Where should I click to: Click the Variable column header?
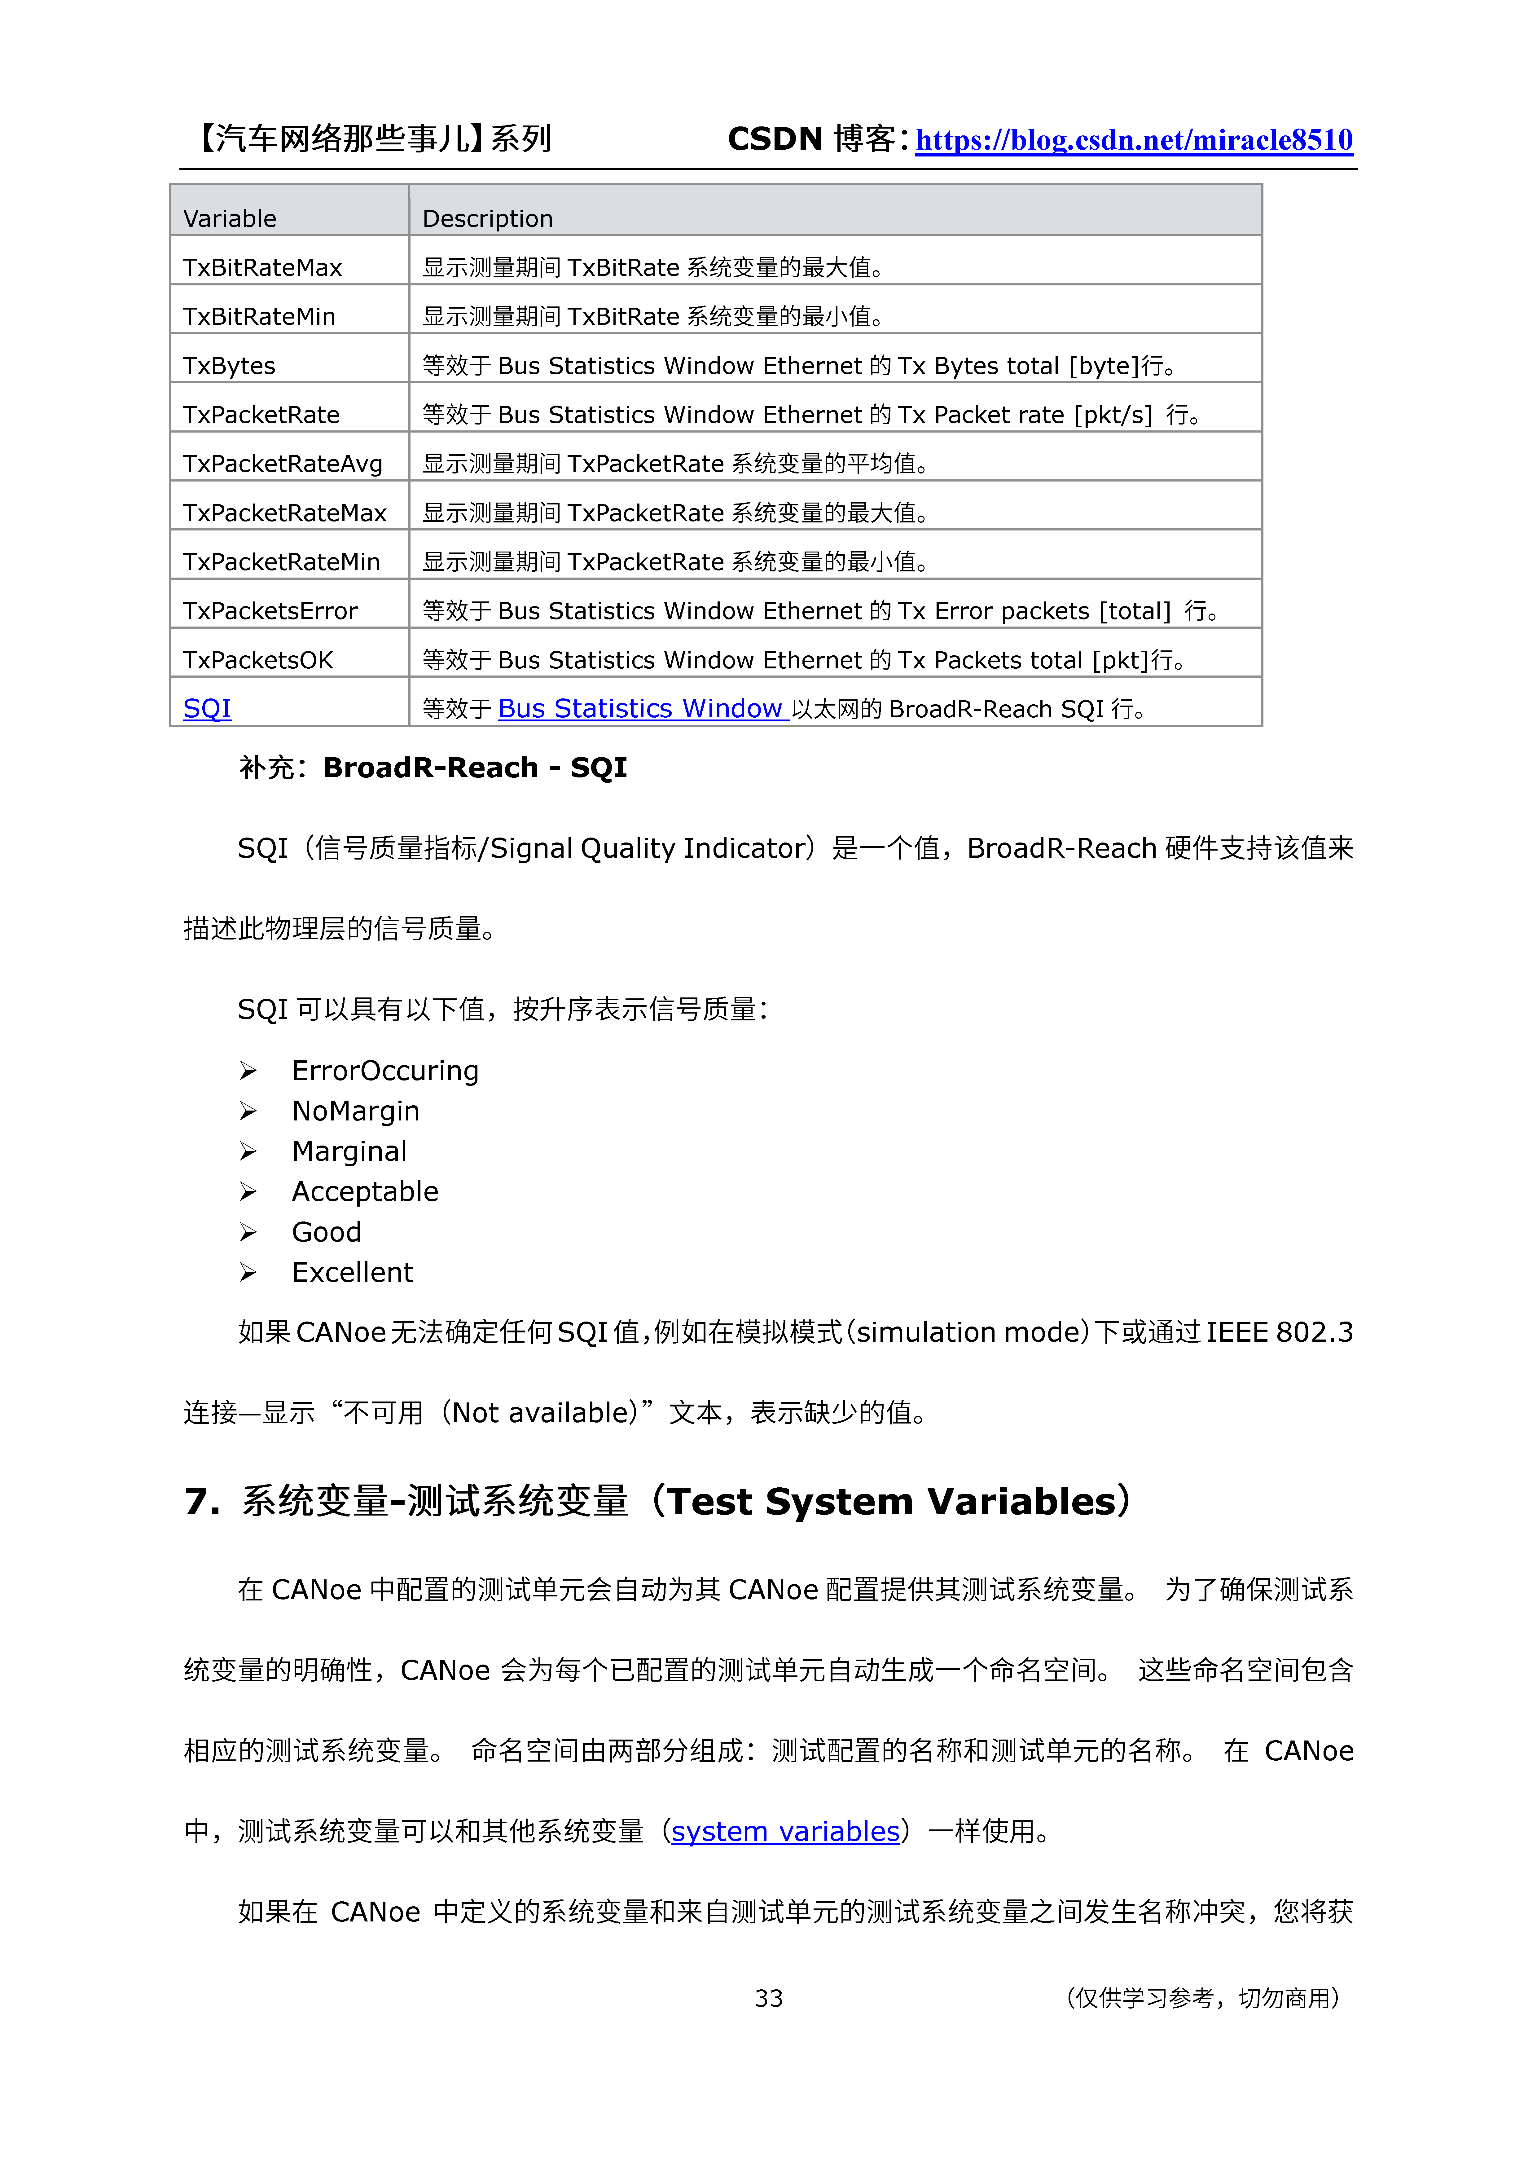pyautogui.click(x=230, y=219)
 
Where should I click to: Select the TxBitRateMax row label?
pyautogui.click(x=262, y=268)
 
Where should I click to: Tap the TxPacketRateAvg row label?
pyautogui.click(x=282, y=464)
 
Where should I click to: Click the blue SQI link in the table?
pyautogui.click(x=207, y=708)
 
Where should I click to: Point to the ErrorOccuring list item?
pyautogui.click(x=384, y=1071)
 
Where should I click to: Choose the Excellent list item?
pyautogui.click(x=352, y=1273)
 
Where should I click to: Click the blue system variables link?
pyautogui.click(x=785, y=1831)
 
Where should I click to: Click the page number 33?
pyautogui.click(x=768, y=1998)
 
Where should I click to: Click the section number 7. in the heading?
pyautogui.click(x=202, y=1502)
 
